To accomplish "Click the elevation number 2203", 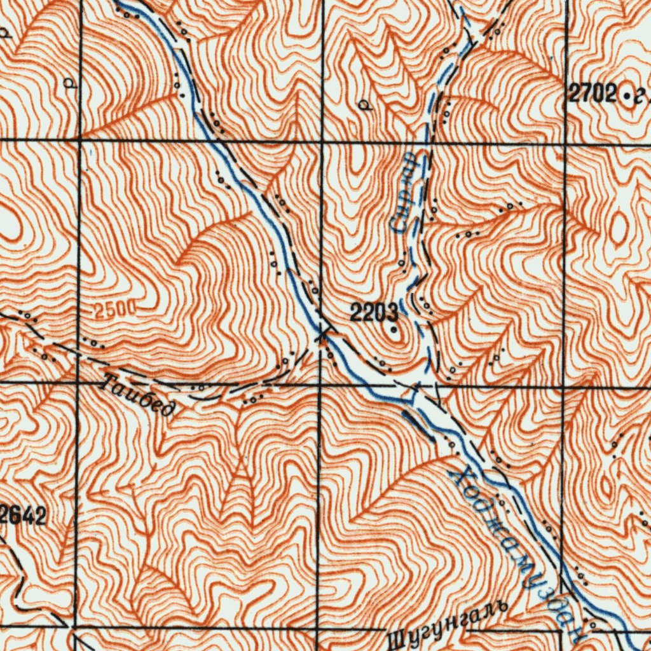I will point(374,312).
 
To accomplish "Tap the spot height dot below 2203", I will point(394,330).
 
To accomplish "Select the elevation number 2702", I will point(593,95).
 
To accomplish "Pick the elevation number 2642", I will point(24,516).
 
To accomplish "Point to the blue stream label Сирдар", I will point(405,191).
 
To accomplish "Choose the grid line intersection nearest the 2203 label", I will point(320,384).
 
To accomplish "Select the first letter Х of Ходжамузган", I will point(456,476).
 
